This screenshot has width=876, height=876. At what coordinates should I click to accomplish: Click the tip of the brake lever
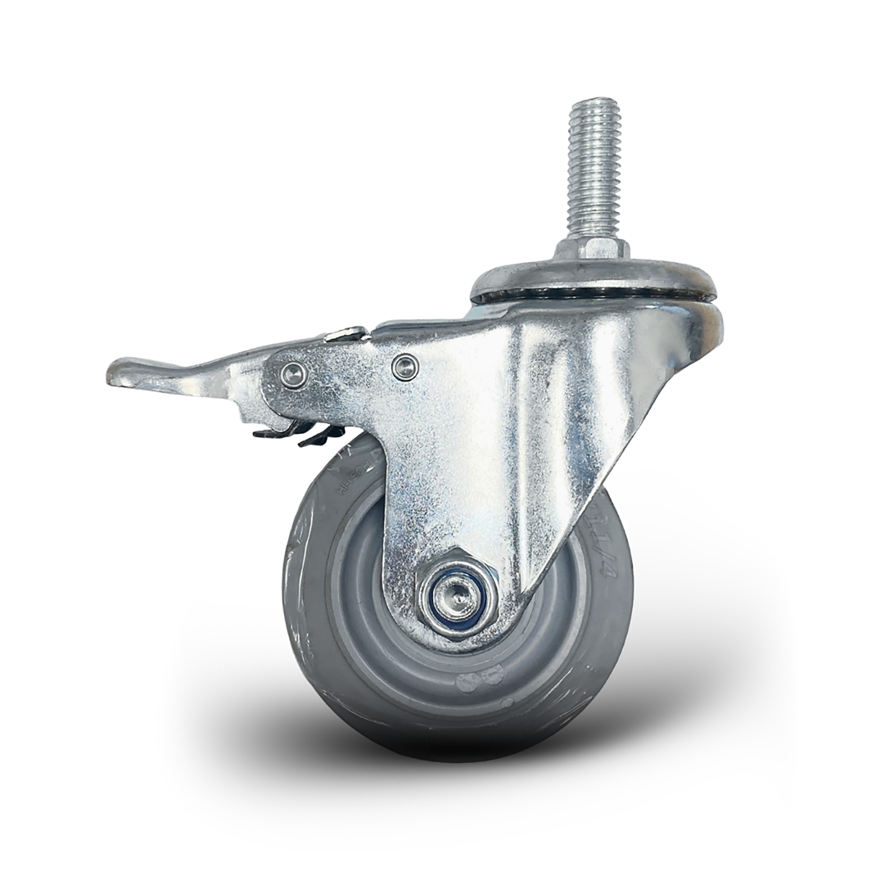115,374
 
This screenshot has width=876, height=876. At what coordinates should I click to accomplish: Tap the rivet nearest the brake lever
292,374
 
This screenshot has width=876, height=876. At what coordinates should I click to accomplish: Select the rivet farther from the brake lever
404,367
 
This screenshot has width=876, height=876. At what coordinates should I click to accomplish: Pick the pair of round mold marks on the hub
480,679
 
